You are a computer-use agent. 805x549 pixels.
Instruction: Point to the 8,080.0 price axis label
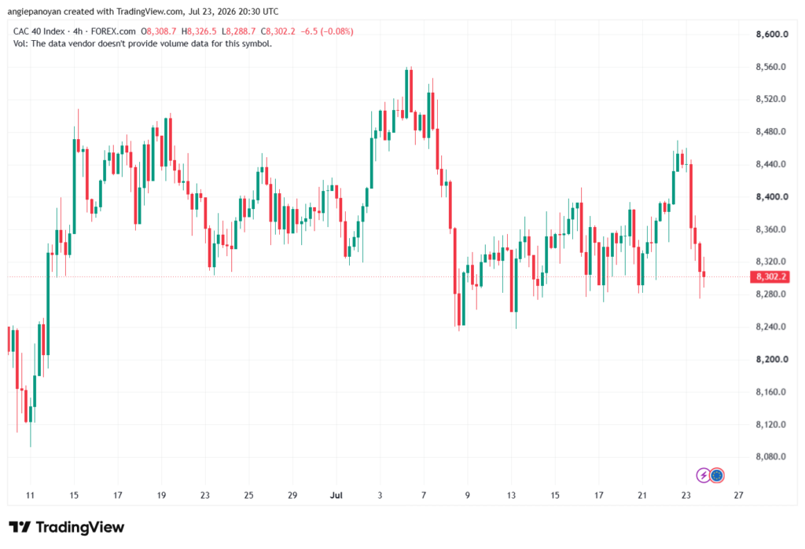point(770,456)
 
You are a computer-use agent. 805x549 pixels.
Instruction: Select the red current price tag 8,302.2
point(770,277)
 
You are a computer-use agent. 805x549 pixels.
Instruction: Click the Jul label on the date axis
point(336,495)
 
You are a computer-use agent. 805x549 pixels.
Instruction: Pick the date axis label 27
point(738,495)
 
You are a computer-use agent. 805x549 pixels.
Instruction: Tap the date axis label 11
point(31,495)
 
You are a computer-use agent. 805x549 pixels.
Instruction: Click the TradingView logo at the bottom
point(66,527)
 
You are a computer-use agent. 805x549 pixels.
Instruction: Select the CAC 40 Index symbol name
point(39,31)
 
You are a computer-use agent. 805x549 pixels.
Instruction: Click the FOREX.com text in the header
point(113,31)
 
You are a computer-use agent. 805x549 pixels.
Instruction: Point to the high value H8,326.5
point(199,31)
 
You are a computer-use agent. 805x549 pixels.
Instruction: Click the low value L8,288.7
point(239,31)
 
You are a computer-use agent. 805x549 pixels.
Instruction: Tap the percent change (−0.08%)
point(336,31)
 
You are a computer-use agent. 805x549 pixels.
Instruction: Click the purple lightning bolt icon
point(703,476)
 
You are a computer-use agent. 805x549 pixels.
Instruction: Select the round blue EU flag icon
point(717,476)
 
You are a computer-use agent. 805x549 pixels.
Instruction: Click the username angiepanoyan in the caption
point(34,11)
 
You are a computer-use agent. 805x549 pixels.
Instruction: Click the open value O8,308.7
point(159,31)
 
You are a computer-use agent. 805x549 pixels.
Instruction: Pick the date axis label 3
point(380,495)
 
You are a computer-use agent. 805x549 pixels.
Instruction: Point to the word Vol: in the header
point(20,44)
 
